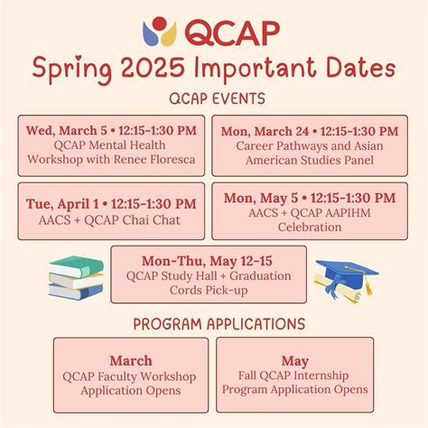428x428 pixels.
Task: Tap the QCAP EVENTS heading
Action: [214, 97]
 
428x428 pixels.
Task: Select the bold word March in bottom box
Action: [130, 360]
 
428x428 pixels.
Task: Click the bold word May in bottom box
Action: [294, 360]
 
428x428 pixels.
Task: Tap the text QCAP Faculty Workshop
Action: [130, 376]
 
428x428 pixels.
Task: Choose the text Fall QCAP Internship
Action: [294, 376]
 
